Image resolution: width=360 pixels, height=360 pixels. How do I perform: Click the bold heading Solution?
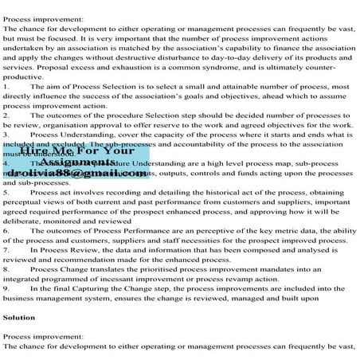18,317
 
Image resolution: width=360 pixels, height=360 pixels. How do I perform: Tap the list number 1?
6,84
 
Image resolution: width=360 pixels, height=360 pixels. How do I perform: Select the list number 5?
6,192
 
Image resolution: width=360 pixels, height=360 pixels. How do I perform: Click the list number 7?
6,249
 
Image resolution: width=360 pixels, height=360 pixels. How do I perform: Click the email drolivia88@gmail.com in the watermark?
80,172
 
